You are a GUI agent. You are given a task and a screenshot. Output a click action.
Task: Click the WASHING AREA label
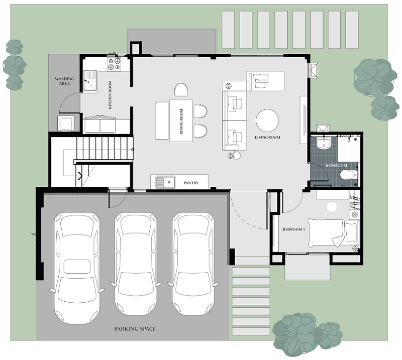[64, 81]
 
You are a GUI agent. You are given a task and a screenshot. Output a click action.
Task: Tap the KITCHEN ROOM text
[110, 95]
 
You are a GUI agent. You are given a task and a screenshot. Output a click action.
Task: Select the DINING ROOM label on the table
[181, 122]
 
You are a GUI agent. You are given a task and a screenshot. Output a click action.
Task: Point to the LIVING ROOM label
[267, 138]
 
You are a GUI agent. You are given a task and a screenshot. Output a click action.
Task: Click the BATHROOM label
[336, 166]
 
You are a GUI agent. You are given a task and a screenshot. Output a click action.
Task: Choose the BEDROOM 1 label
[294, 229]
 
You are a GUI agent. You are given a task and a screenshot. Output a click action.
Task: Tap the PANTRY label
[191, 183]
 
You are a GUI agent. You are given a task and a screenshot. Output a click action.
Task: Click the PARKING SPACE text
[135, 329]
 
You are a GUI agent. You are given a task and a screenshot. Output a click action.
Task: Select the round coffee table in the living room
[267, 121]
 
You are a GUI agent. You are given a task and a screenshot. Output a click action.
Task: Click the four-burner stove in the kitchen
[114, 64]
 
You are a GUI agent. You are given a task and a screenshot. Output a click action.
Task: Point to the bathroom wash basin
[324, 143]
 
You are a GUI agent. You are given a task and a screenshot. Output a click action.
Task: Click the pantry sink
[165, 182]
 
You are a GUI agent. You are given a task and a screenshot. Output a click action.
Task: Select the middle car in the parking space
[136, 264]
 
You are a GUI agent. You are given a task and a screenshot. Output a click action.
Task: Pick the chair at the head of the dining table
[181, 90]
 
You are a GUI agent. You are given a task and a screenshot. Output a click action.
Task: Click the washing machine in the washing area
[66, 123]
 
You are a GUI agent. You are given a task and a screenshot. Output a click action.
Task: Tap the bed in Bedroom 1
[333, 233]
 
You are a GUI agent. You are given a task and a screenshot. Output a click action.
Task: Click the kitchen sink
[90, 81]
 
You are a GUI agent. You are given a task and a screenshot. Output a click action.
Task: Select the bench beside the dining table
[162, 121]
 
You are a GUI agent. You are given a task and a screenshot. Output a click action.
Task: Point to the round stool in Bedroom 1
[331, 207]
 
